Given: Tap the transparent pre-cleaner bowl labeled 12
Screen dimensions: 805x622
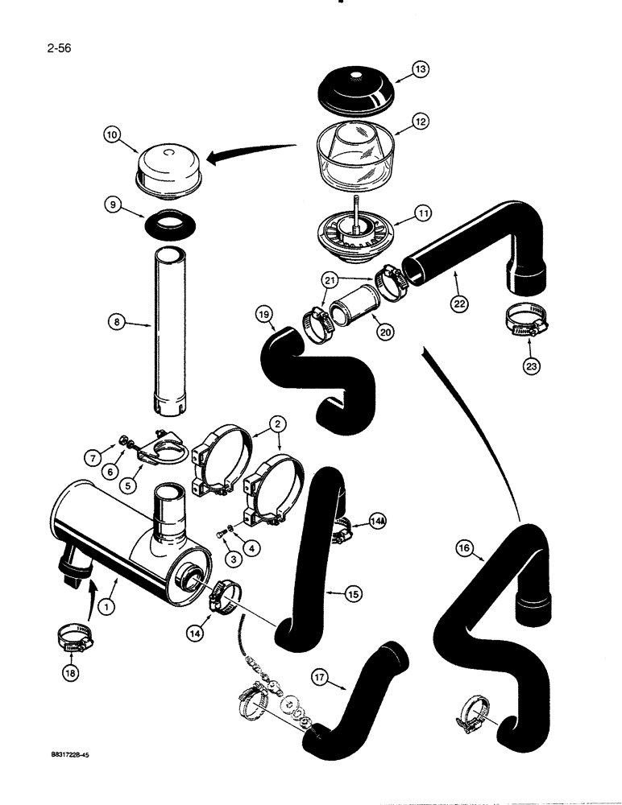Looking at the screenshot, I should point(363,158).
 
